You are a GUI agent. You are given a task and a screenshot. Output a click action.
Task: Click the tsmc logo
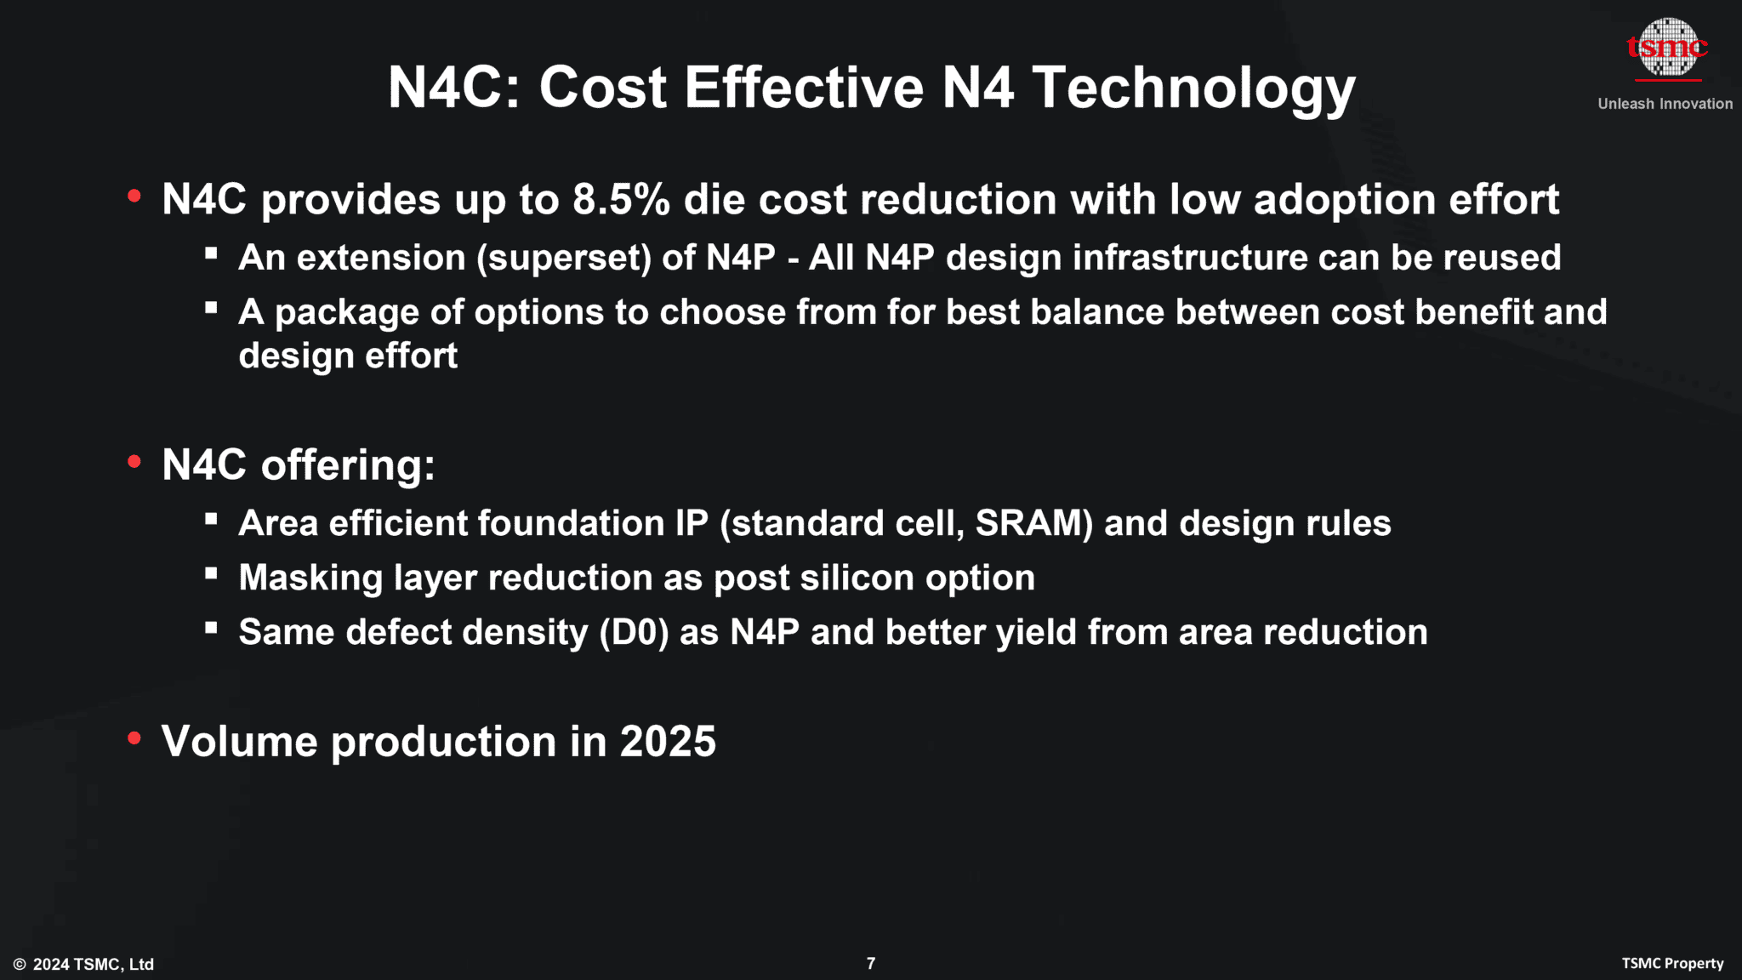(x=1667, y=48)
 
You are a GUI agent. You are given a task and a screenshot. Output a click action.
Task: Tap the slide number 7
(x=870, y=963)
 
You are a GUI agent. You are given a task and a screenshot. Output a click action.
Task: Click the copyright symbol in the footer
(x=20, y=964)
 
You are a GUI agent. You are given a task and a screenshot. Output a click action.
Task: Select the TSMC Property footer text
(x=1672, y=963)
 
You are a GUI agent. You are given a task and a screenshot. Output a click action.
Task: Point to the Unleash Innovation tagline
(x=1665, y=104)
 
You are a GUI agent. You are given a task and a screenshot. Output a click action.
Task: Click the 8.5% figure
(x=621, y=200)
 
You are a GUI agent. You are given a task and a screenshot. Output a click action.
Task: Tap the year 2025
(x=668, y=741)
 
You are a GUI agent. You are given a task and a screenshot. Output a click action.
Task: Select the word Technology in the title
(x=1193, y=89)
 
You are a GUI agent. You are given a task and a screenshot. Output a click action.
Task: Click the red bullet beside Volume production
(x=134, y=738)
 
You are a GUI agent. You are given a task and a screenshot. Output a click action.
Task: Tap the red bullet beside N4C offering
(x=134, y=462)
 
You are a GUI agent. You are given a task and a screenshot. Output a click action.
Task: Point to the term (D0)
(x=634, y=632)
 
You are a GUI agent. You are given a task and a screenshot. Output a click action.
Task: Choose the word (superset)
(x=564, y=258)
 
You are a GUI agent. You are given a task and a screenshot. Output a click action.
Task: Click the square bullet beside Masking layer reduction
(x=211, y=573)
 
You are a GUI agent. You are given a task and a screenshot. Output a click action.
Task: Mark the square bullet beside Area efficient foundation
(x=211, y=519)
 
